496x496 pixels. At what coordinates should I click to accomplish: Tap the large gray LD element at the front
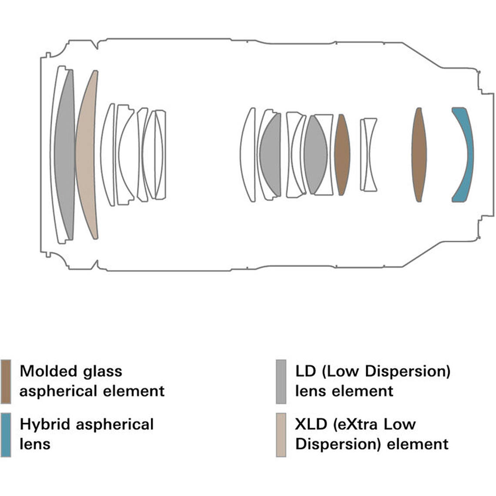(x=65, y=154)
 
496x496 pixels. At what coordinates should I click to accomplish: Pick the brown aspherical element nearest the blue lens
(x=419, y=154)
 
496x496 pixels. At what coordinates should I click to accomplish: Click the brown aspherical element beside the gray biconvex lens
(x=342, y=154)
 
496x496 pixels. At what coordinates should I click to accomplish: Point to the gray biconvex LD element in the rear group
(x=315, y=154)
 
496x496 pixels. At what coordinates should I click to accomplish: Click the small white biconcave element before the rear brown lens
(x=369, y=154)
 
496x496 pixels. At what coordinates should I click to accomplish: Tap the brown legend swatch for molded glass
(x=6, y=381)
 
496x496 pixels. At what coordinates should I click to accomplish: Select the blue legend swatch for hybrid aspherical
(x=6, y=435)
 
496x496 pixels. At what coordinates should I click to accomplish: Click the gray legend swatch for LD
(x=281, y=381)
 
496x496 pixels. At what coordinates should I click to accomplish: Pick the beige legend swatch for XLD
(x=281, y=435)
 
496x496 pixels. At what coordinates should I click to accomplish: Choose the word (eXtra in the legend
(x=358, y=424)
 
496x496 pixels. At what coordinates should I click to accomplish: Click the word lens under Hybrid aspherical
(x=35, y=444)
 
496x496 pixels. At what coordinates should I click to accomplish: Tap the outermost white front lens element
(x=55, y=154)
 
